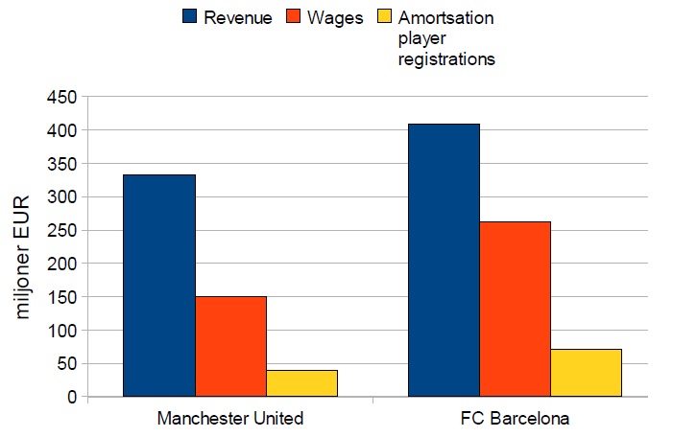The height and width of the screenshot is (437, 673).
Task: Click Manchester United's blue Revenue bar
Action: pyautogui.click(x=159, y=285)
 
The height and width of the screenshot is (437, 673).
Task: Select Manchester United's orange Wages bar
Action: pyautogui.click(x=230, y=346)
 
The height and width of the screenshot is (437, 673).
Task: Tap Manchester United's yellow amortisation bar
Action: pyautogui.click(x=301, y=382)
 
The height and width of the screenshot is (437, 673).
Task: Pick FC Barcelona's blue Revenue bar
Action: pyautogui.click(x=444, y=260)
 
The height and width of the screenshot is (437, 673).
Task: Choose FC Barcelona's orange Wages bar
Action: pyautogui.click(x=515, y=309)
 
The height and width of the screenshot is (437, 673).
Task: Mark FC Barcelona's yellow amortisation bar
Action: pyautogui.click(x=586, y=372)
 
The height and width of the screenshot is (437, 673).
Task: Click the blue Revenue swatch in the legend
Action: pyautogui.click(x=190, y=17)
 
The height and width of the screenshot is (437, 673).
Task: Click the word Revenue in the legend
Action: pyautogui.click(x=237, y=17)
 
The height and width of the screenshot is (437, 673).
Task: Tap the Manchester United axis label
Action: pyautogui.click(x=229, y=419)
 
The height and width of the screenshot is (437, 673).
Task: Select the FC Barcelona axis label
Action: pyautogui.click(x=515, y=419)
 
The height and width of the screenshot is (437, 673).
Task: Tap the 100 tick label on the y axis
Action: pyautogui.click(x=61, y=330)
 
